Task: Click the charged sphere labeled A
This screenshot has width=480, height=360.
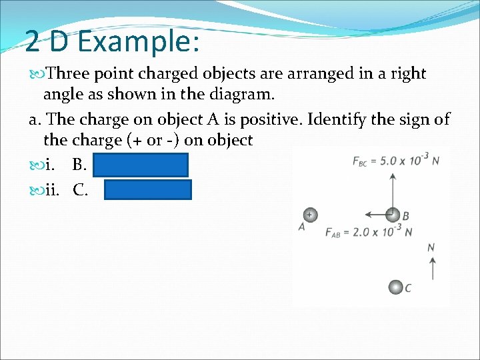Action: pyautogui.click(x=309, y=215)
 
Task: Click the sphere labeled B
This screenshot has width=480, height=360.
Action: pyautogui.click(x=393, y=215)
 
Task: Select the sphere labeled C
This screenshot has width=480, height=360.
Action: pyautogui.click(x=396, y=287)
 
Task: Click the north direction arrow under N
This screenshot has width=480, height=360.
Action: pyautogui.click(x=431, y=268)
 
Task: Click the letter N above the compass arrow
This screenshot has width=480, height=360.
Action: pyautogui.click(x=431, y=247)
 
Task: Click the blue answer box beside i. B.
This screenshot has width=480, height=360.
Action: pyautogui.click(x=141, y=165)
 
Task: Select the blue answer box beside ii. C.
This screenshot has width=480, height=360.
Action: pyautogui.click(x=148, y=190)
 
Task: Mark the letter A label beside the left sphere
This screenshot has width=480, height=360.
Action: pyautogui.click(x=302, y=227)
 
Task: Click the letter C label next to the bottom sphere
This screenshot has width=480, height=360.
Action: pyautogui.click(x=408, y=288)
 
